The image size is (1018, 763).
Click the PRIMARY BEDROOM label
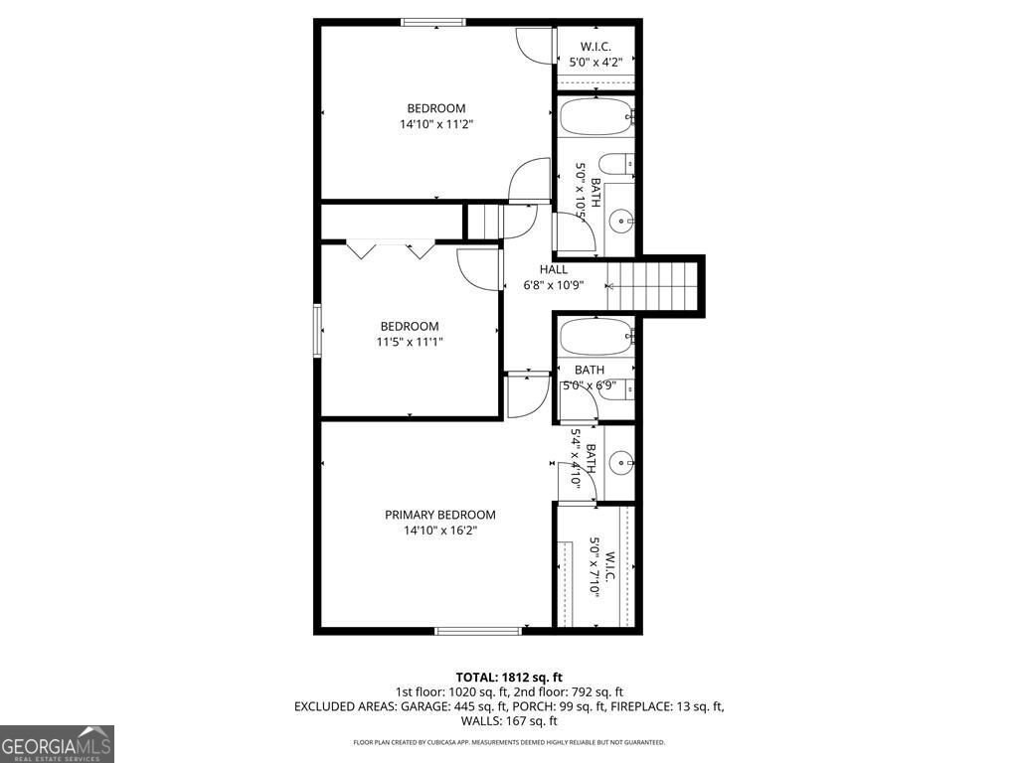click(439, 515)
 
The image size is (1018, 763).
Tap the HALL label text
click(554, 269)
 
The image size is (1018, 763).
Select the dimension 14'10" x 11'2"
click(435, 125)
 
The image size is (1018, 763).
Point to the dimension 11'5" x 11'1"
click(410, 342)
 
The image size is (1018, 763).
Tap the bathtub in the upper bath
click(595, 116)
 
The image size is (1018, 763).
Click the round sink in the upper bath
click(620, 221)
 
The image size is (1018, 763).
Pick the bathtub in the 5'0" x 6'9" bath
click(595, 335)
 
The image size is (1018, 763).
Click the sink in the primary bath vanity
click(620, 461)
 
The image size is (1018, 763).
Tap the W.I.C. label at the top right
click(595, 47)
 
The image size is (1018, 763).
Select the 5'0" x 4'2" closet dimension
click(595, 63)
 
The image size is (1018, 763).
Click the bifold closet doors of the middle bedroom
click(391, 248)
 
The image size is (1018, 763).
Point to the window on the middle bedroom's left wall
click(318, 330)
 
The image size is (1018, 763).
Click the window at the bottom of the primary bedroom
click(478, 630)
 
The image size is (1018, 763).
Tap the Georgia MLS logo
click(58, 744)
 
